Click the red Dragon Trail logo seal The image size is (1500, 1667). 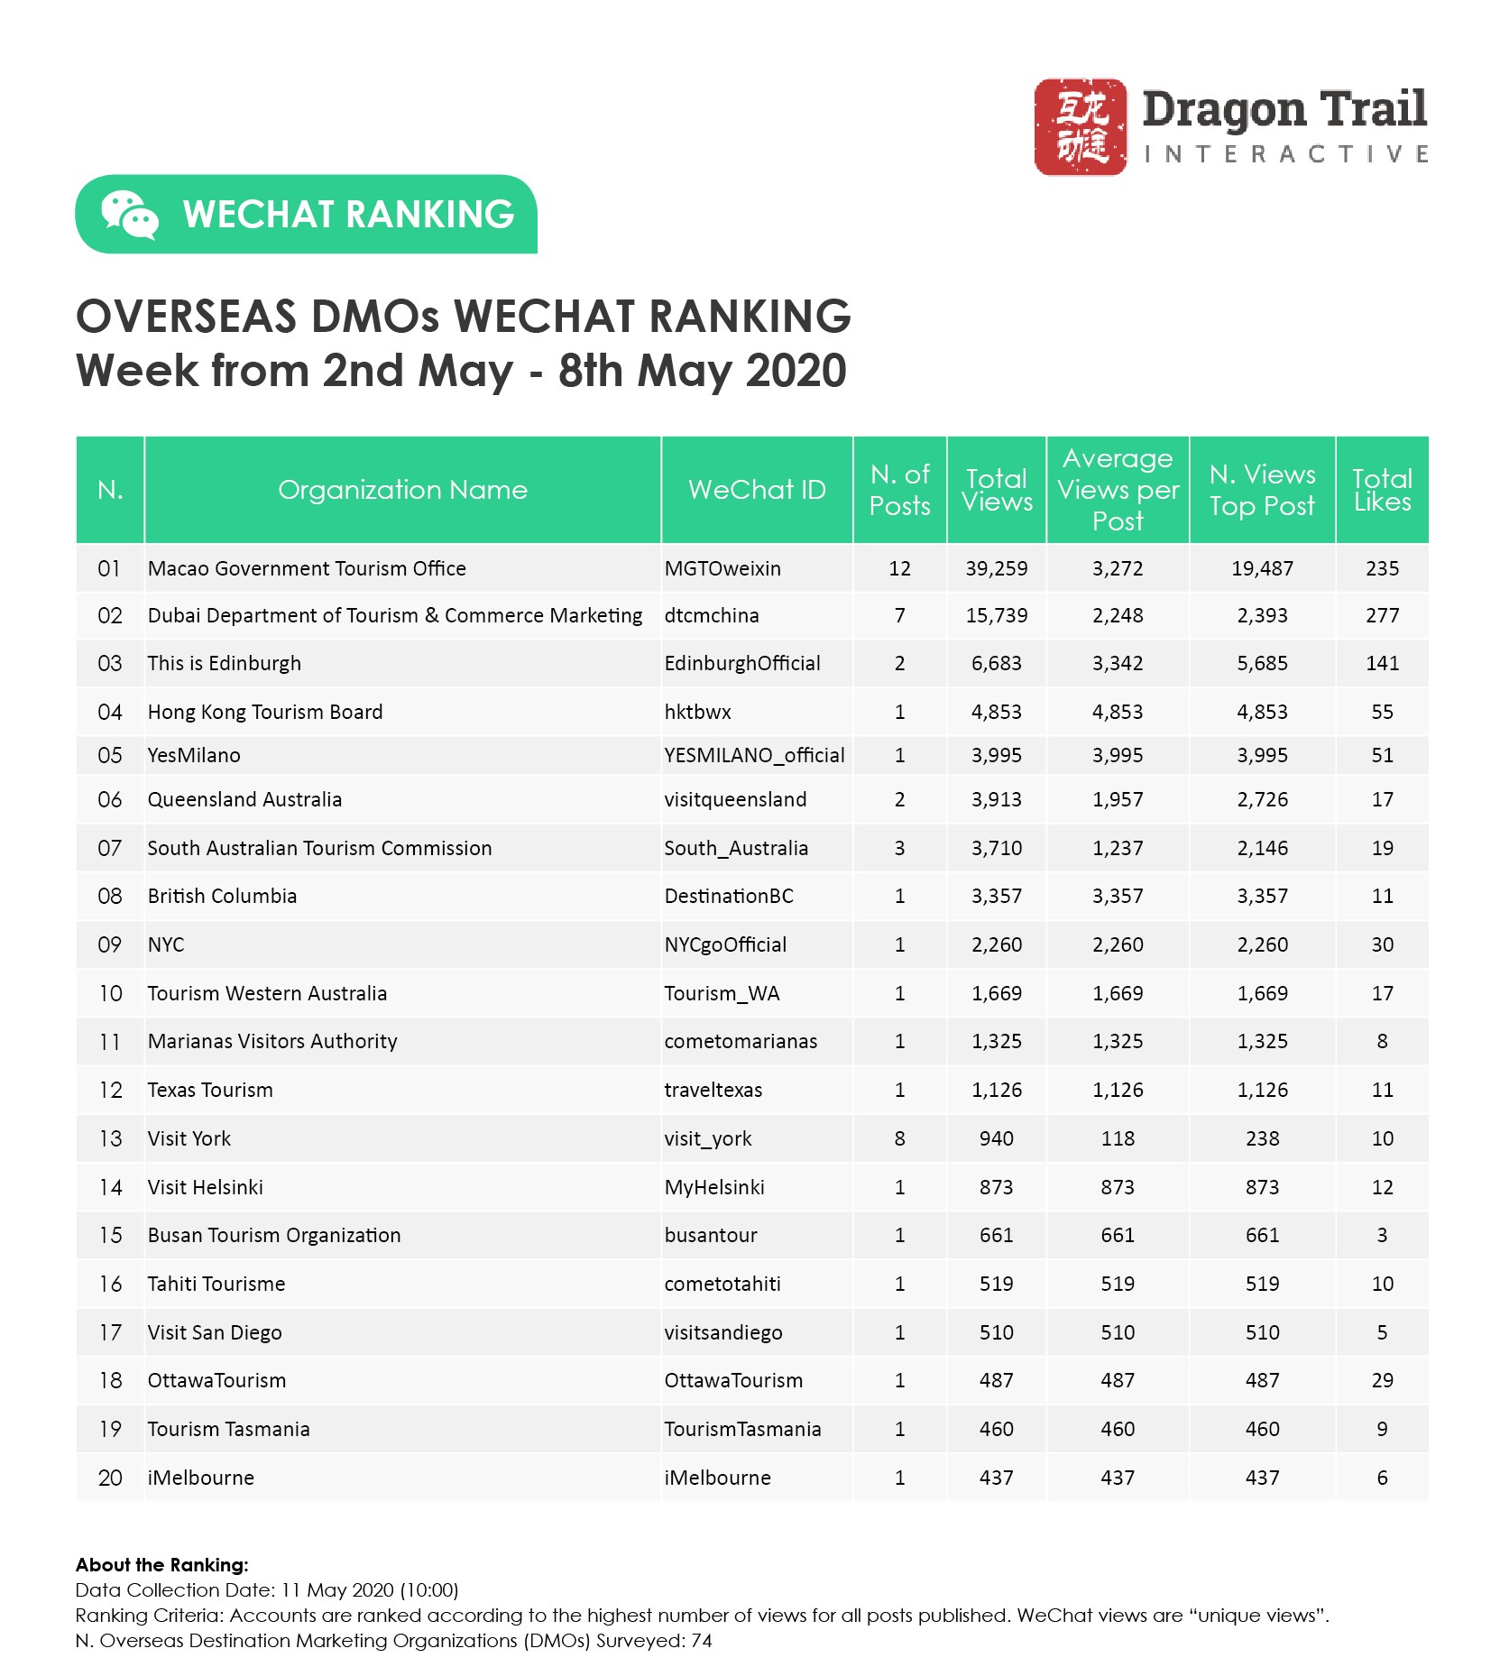(1080, 126)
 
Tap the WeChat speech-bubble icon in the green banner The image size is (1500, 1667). (129, 215)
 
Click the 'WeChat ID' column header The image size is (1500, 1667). (757, 490)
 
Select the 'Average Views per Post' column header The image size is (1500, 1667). (1118, 490)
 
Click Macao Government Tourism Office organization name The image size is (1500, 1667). (307, 568)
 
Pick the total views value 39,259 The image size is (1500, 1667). (996, 568)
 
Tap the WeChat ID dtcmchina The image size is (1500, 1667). (712, 615)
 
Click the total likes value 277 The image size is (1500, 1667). (1382, 615)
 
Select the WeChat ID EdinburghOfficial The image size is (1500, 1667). (742, 663)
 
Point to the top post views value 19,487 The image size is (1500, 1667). (1262, 568)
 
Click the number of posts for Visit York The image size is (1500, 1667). (899, 1138)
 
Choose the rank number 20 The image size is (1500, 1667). (110, 1478)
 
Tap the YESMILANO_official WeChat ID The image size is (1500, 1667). (754, 755)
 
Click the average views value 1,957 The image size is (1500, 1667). (1118, 799)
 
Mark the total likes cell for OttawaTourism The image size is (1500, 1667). (1382, 1380)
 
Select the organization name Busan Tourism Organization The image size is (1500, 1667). (274, 1235)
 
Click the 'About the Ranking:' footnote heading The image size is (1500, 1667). (162, 1565)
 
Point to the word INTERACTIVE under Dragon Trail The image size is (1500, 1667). (1285, 154)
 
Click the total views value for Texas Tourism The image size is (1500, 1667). (996, 1090)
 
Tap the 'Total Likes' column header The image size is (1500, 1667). (1382, 490)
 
